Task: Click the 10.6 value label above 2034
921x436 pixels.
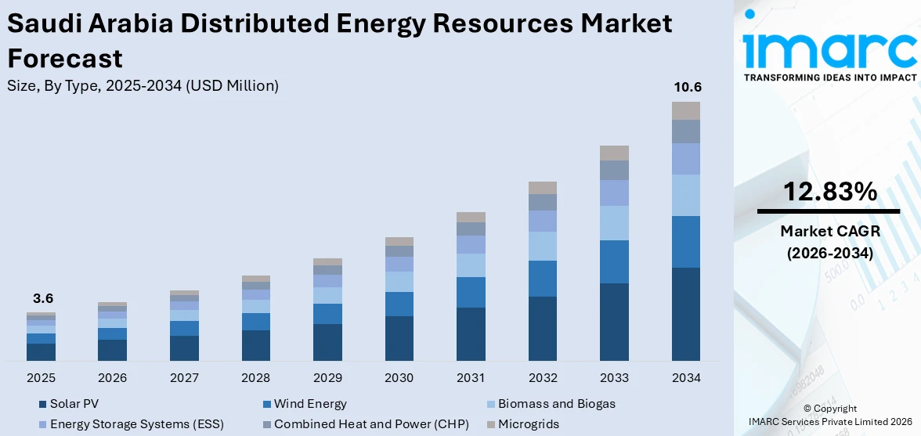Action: point(686,87)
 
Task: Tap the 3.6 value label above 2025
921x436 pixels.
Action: point(42,298)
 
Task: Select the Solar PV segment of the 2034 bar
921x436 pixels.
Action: point(686,314)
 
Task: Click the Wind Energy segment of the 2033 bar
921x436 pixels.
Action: point(614,261)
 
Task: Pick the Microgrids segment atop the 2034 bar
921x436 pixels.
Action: point(686,110)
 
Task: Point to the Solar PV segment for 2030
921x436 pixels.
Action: point(399,338)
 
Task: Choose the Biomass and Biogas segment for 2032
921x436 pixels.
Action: point(543,246)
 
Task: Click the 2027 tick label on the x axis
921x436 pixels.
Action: point(184,378)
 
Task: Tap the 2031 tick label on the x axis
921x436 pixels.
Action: point(471,378)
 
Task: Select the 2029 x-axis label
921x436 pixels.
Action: point(327,378)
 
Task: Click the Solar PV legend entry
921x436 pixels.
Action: point(74,404)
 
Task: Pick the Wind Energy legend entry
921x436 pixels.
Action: point(309,404)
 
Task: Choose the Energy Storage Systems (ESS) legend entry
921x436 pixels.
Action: point(136,424)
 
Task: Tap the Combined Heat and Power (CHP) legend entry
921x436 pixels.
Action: point(370,424)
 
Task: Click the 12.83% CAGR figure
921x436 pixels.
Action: point(829,191)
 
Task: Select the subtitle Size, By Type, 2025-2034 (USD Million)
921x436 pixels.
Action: point(143,86)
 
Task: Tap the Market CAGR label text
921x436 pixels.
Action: point(829,231)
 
